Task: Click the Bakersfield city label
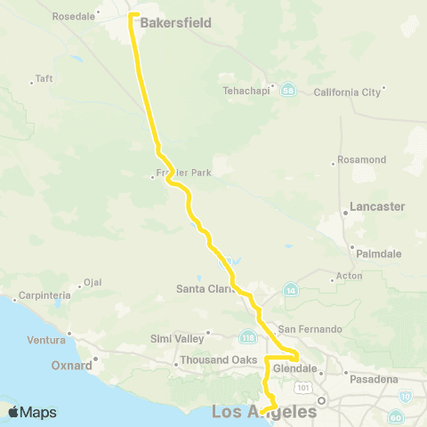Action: pyautogui.click(x=176, y=22)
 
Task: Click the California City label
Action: pyautogui.click(x=347, y=91)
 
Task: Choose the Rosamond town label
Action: pyautogui.click(x=362, y=160)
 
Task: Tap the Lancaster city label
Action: pyautogui.click(x=377, y=206)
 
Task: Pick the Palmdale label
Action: pyautogui.click(x=379, y=254)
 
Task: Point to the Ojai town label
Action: pyautogui.click(x=92, y=285)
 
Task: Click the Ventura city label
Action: pyautogui.click(x=47, y=339)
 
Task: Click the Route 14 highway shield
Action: pyautogui.click(x=290, y=290)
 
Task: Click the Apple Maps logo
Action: pyautogui.click(x=33, y=412)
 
